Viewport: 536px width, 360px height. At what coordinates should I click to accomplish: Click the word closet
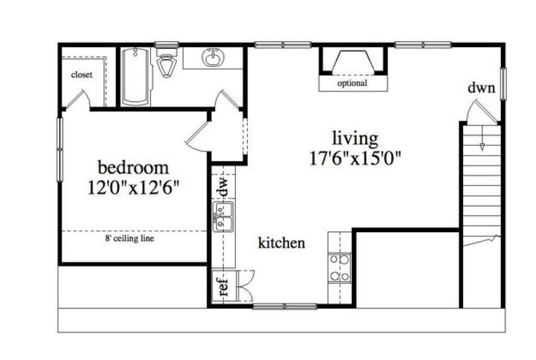pos(82,75)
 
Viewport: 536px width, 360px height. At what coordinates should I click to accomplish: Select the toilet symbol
pos(167,63)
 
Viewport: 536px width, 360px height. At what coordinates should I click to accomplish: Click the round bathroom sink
pos(213,58)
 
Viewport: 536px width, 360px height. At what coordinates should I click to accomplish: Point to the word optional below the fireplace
pos(352,84)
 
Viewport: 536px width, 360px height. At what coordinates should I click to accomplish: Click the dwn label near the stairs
pos(481,88)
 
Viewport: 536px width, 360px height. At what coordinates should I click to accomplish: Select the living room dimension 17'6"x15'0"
pos(355,158)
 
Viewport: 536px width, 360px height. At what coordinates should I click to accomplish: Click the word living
pos(356,139)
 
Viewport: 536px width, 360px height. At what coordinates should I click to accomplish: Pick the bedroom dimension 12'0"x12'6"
pos(134,188)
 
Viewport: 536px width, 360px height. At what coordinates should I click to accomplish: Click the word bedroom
pos(133,167)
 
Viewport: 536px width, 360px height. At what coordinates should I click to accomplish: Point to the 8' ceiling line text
pos(130,239)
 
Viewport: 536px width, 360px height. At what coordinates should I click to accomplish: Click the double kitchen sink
pos(223,217)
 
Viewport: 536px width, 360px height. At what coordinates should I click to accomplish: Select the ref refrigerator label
pos(224,287)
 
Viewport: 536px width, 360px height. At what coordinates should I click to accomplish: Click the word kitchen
pos(282,243)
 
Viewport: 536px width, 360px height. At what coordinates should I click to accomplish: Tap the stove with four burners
pos(339,268)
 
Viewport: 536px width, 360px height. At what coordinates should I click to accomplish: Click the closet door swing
pos(78,99)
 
